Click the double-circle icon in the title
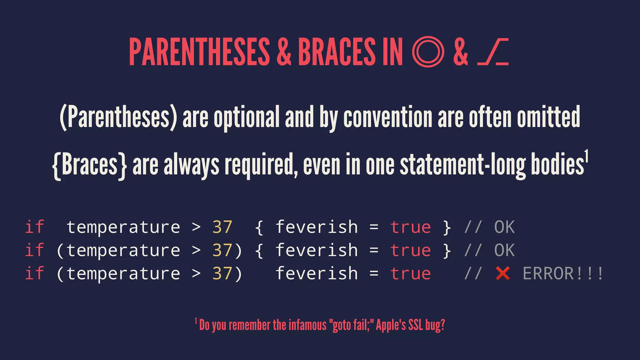[x=428, y=52]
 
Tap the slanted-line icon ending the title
[x=493, y=52]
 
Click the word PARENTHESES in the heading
[x=199, y=52]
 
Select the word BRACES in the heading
[x=337, y=52]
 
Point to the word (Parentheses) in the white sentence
[x=118, y=117]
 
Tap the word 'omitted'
[x=548, y=117]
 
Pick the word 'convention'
[x=387, y=117]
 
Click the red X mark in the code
[x=503, y=273]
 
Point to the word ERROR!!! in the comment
[x=563, y=273]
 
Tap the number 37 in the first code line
[x=222, y=227]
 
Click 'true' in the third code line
[x=411, y=274]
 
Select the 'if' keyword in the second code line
[x=34, y=250]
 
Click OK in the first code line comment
[x=504, y=227]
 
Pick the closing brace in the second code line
[x=447, y=251]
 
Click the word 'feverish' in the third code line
[x=317, y=274]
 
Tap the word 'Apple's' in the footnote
[x=390, y=325]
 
